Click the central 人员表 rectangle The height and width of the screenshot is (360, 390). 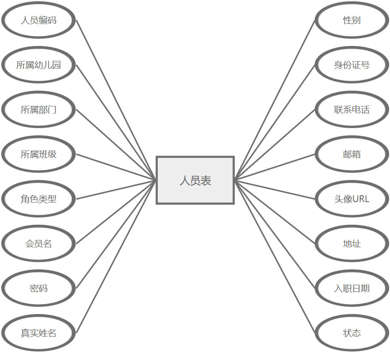(x=195, y=180)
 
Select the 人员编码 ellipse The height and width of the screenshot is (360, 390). (x=38, y=20)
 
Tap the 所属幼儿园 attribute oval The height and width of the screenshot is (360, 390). (x=38, y=65)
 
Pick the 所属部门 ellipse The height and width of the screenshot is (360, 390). (x=38, y=110)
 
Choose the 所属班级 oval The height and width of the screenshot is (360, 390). (x=38, y=154)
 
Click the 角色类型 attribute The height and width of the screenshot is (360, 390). (x=38, y=199)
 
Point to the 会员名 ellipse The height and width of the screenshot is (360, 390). (x=38, y=244)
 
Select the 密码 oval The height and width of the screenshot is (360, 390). (x=38, y=289)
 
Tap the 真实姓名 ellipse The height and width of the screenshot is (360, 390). (x=38, y=333)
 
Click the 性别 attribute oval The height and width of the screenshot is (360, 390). (x=352, y=20)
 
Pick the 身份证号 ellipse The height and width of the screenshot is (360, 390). (x=352, y=65)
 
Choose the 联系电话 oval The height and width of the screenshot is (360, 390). (x=352, y=110)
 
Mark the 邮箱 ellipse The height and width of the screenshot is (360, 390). (x=352, y=154)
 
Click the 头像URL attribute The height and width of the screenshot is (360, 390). (x=352, y=199)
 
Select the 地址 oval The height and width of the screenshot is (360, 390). (x=352, y=244)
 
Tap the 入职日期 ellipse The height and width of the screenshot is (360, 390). (x=352, y=289)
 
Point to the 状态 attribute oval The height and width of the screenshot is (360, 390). (x=352, y=333)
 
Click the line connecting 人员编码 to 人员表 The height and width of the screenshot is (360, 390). (x=116, y=100)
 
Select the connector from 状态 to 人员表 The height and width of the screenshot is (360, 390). (x=275, y=256)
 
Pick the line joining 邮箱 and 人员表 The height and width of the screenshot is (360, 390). (x=275, y=167)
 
